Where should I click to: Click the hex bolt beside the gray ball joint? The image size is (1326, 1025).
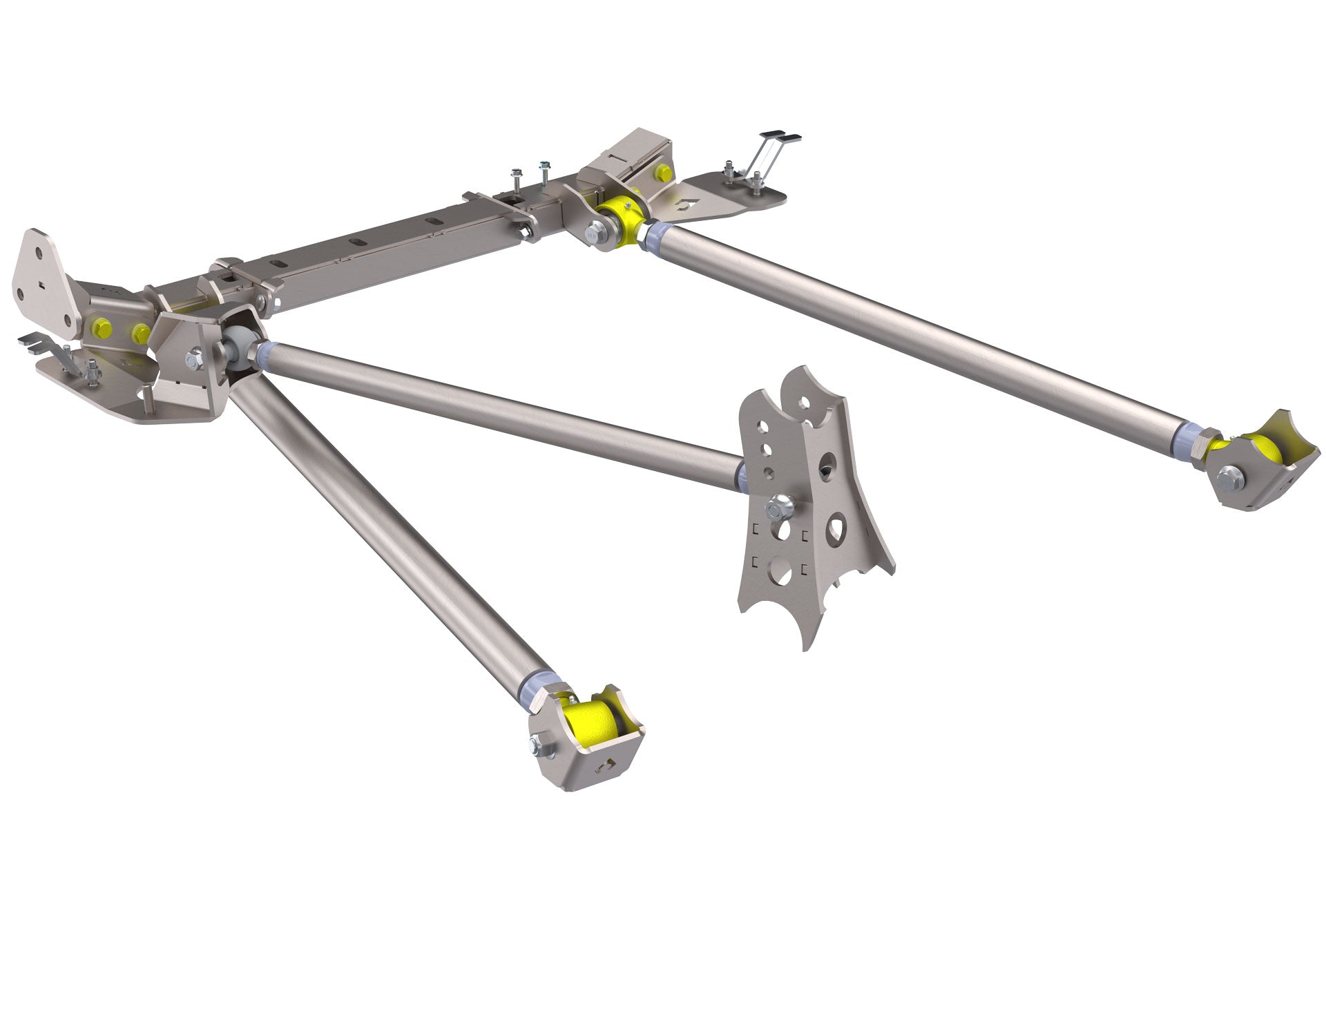(195, 359)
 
